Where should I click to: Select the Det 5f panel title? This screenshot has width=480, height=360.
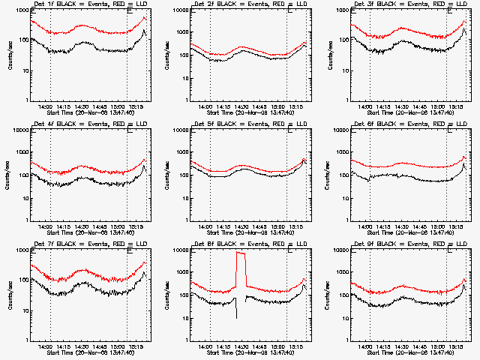240,124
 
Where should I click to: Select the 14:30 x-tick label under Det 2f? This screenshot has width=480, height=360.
241,106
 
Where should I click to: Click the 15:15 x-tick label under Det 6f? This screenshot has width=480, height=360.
455,226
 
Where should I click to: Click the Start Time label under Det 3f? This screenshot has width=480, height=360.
400,112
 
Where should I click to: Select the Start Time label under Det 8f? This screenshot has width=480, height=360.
240,352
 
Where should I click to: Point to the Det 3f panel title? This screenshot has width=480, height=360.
400,4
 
